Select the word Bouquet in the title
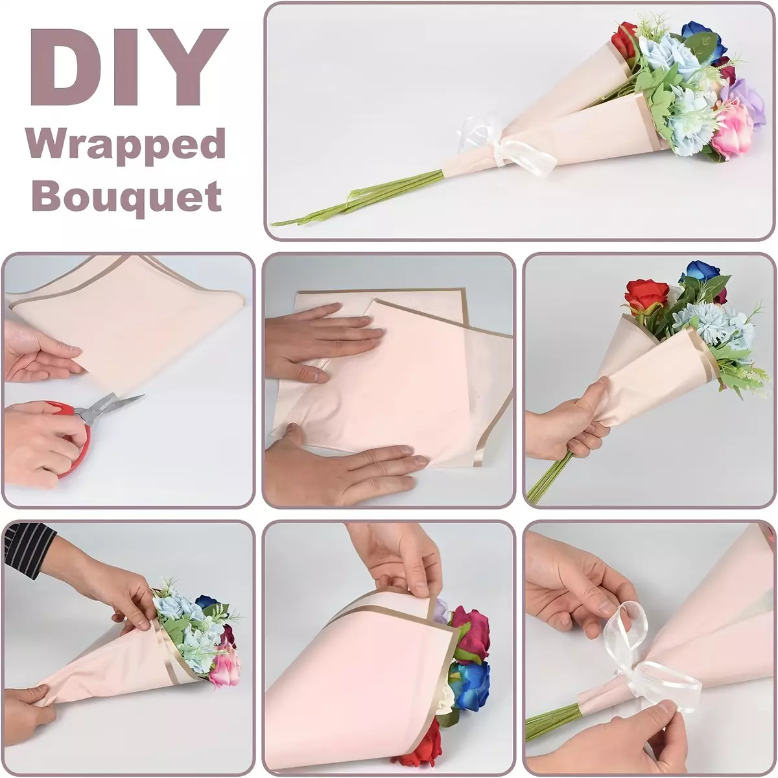[127, 196]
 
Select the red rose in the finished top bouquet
[624, 42]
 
